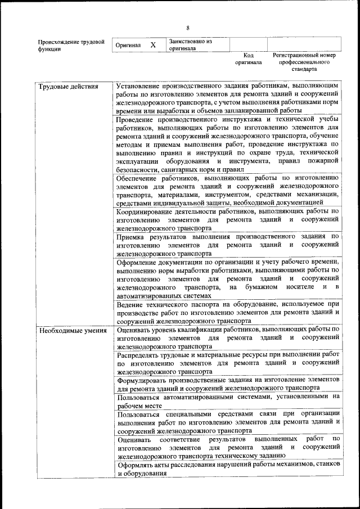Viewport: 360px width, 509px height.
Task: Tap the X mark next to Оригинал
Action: (152, 45)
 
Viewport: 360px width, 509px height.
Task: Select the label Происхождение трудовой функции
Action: (71, 45)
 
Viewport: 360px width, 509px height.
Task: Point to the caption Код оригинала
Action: (249, 59)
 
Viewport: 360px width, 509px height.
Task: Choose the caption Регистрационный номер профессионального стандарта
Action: (304, 62)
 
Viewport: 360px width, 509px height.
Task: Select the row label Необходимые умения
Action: (72, 330)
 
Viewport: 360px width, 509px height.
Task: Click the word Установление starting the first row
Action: (139, 87)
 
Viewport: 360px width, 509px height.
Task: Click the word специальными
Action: (186, 413)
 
